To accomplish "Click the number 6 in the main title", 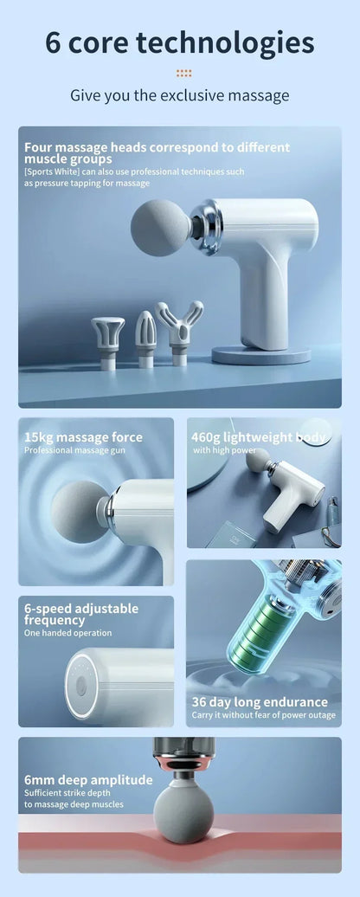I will [54, 42].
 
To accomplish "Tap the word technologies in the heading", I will [227, 42].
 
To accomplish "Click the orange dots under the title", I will [183, 74].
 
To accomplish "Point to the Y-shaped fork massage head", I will [179, 325].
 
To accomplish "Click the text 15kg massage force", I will [83, 437].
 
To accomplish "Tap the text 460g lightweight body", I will [259, 437].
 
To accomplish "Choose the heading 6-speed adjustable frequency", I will [80, 614].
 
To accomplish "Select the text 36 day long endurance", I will [260, 702].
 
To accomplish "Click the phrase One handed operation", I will [67, 633].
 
